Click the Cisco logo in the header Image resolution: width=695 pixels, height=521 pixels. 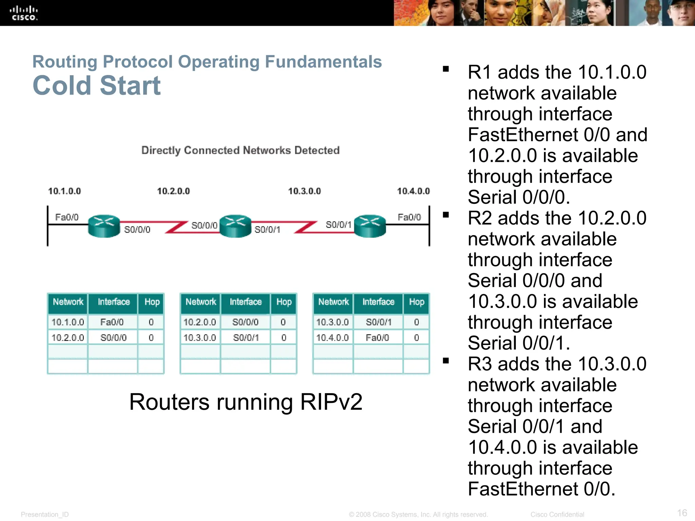tap(23, 13)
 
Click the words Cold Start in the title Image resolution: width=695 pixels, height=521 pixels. tap(96, 85)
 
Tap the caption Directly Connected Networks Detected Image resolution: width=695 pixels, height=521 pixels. tap(240, 150)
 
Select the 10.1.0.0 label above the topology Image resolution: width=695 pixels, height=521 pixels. tap(64, 191)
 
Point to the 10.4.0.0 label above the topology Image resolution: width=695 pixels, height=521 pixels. tap(413, 191)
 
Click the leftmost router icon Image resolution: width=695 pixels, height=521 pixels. tap(104, 226)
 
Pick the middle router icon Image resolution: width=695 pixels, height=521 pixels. tap(235, 226)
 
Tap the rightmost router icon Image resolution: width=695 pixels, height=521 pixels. tap(370, 226)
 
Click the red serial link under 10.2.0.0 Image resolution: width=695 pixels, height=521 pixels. tap(176, 227)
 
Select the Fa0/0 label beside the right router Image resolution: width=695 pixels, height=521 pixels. tap(409, 217)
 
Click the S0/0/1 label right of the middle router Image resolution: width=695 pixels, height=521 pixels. tap(267, 230)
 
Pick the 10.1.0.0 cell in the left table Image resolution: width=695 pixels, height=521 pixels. tap(68, 322)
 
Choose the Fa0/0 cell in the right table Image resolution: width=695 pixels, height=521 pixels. tap(377, 337)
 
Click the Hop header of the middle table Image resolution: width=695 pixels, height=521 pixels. tap(284, 302)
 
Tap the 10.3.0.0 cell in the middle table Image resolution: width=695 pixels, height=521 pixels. tap(200, 337)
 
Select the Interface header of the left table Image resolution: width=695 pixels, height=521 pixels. tap(114, 302)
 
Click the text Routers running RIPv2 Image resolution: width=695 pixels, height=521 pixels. tap(246, 402)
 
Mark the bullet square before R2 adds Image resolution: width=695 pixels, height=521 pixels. tap(446, 215)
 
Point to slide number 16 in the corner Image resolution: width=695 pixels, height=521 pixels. tap(682, 513)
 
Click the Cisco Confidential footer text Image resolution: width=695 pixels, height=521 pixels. tap(557, 515)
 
